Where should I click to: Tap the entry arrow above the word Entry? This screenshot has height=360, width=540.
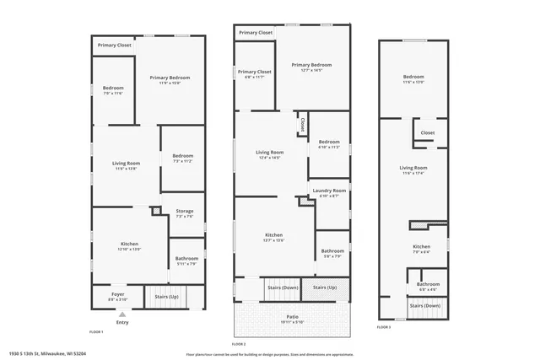tap(122, 314)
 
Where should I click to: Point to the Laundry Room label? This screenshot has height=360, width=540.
tap(329, 191)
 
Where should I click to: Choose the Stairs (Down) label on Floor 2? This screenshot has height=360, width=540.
tap(282, 287)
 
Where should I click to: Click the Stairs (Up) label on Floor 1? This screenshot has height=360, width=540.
tap(167, 297)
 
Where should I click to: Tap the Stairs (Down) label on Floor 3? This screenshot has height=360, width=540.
tap(425, 305)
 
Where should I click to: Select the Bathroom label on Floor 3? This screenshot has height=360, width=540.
tap(428, 285)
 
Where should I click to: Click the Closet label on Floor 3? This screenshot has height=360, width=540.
tap(428, 132)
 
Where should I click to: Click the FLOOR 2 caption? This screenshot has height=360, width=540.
tap(238, 344)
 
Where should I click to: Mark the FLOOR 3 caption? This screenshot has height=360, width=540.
tap(384, 326)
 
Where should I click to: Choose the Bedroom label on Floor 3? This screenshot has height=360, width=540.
tap(413, 79)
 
